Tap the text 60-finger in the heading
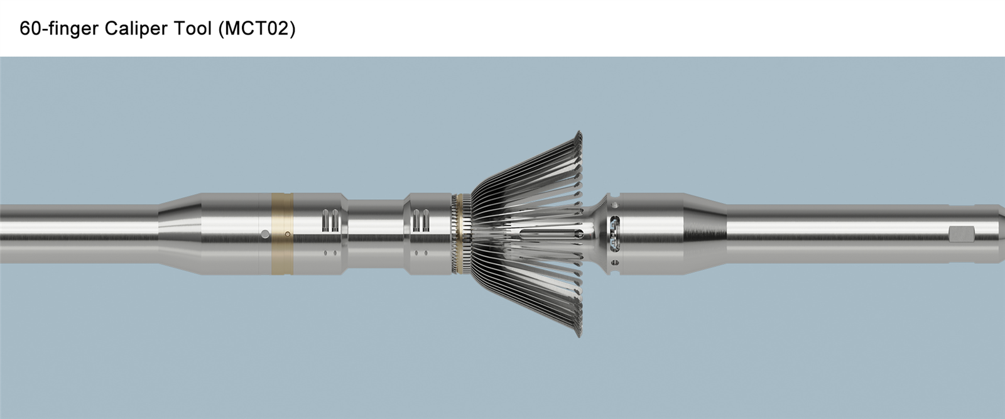(x=59, y=28)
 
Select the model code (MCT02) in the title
(x=257, y=29)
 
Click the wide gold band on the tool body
(x=282, y=234)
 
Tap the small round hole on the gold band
(x=288, y=234)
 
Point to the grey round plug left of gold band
(x=266, y=234)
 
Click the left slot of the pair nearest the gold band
(x=326, y=220)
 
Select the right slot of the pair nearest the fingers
(x=426, y=220)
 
